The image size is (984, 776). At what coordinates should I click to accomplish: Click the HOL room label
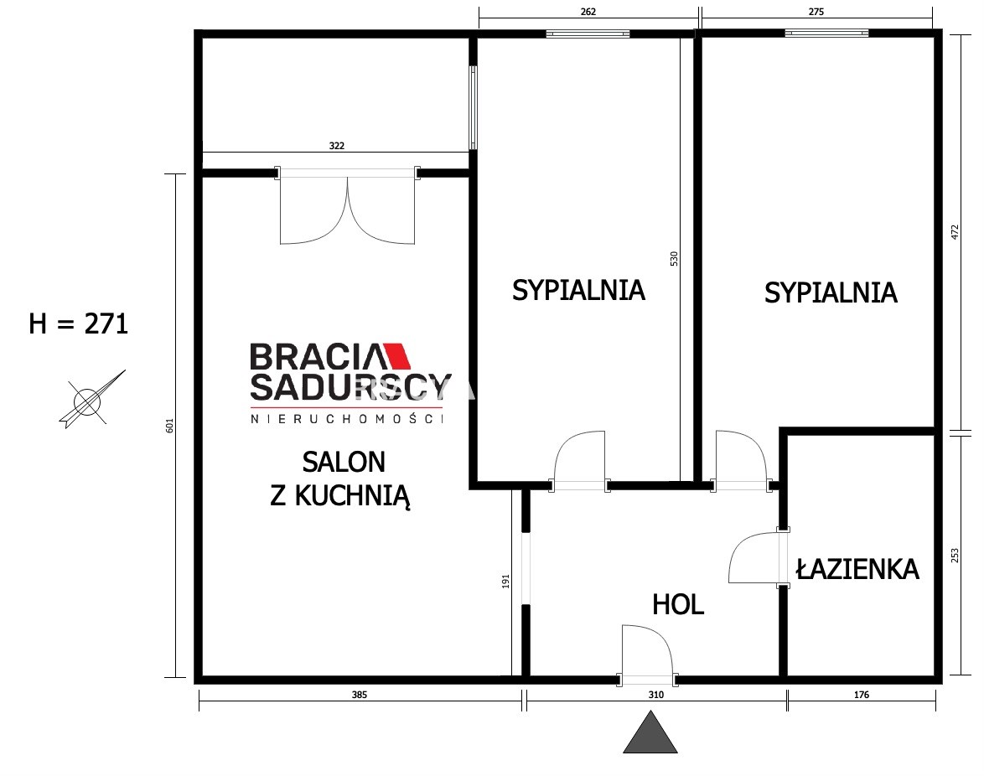pyautogui.click(x=678, y=605)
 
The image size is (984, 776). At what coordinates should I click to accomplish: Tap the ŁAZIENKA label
pyautogui.click(x=857, y=568)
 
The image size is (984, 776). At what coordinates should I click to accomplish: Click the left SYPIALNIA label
pyautogui.click(x=578, y=290)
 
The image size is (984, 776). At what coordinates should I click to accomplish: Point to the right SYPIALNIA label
pyautogui.click(x=831, y=293)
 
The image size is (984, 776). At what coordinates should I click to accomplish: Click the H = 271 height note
pyautogui.click(x=79, y=323)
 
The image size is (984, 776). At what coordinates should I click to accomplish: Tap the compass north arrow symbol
pyautogui.click(x=91, y=399)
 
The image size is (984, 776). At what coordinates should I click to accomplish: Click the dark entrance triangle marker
pyautogui.click(x=650, y=732)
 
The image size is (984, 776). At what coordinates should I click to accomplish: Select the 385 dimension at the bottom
pyautogui.click(x=359, y=695)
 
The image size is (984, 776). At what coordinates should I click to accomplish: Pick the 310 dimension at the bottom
pyautogui.click(x=655, y=695)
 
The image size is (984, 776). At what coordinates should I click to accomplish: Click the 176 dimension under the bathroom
pyautogui.click(x=862, y=695)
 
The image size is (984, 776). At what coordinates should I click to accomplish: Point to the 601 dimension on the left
pyautogui.click(x=168, y=426)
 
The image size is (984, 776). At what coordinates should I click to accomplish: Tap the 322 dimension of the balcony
pyautogui.click(x=337, y=146)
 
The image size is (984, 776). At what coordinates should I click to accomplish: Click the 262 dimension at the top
pyautogui.click(x=588, y=11)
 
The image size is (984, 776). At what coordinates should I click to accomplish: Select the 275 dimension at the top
pyautogui.click(x=816, y=11)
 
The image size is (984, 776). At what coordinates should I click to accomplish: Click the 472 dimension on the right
pyautogui.click(x=956, y=232)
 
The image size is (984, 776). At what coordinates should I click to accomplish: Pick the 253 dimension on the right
pyautogui.click(x=956, y=555)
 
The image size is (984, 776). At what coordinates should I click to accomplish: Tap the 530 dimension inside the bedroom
pyautogui.click(x=674, y=258)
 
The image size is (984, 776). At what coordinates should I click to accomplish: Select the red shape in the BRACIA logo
pyautogui.click(x=397, y=355)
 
